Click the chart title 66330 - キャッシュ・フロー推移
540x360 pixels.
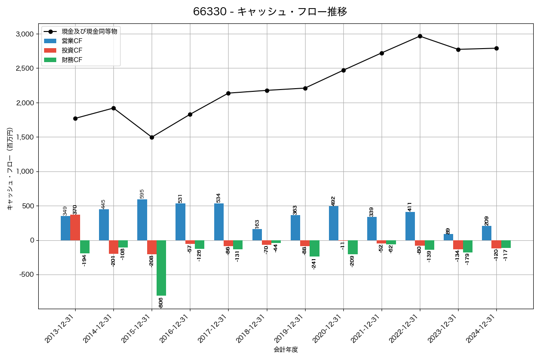(x=270, y=12)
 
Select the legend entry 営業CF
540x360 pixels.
(x=72, y=40)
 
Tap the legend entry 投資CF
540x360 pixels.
(x=72, y=50)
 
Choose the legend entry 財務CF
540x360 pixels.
(x=72, y=59)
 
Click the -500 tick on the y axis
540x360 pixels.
(x=25, y=275)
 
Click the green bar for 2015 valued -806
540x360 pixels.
(x=161, y=268)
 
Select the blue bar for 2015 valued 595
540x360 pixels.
(x=142, y=220)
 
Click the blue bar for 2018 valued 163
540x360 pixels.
(x=257, y=234)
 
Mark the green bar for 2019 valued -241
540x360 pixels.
(x=315, y=248)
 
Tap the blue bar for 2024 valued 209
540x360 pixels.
(x=486, y=233)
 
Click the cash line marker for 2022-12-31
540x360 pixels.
(x=420, y=36)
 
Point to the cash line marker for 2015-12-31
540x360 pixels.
(x=152, y=137)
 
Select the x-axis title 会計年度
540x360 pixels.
(x=286, y=350)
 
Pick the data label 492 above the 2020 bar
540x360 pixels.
(x=333, y=201)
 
